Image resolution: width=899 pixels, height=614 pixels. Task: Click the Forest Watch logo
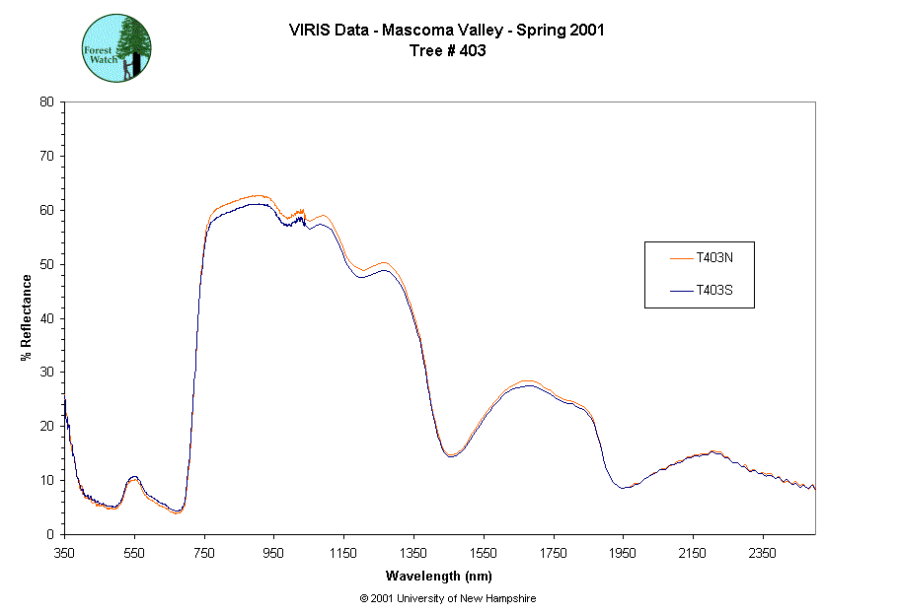coord(115,47)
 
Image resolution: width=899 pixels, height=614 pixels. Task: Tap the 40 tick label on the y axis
coord(46,318)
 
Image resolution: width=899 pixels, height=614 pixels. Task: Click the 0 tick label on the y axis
coord(50,534)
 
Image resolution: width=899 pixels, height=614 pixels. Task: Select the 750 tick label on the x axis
coord(204,552)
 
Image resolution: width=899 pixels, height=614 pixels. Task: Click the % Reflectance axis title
coord(26,317)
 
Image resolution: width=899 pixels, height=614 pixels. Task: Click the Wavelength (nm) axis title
coord(439,576)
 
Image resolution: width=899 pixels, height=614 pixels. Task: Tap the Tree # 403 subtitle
coord(447,51)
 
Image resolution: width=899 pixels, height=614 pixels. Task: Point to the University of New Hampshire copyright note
coord(448,598)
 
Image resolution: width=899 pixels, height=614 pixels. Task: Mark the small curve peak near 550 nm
coord(133,477)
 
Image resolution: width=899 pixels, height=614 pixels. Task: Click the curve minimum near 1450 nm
coord(451,455)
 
